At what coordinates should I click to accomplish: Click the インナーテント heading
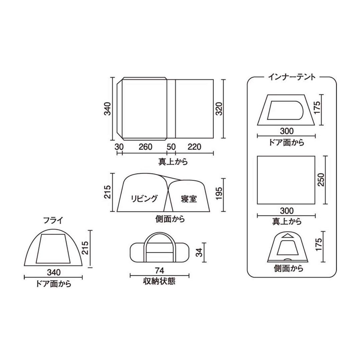point(291,77)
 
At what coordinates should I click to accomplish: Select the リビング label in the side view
point(144,199)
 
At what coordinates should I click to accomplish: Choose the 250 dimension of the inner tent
point(321,180)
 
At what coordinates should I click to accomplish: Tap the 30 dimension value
point(119,147)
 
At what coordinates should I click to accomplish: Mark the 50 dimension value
point(171,147)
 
